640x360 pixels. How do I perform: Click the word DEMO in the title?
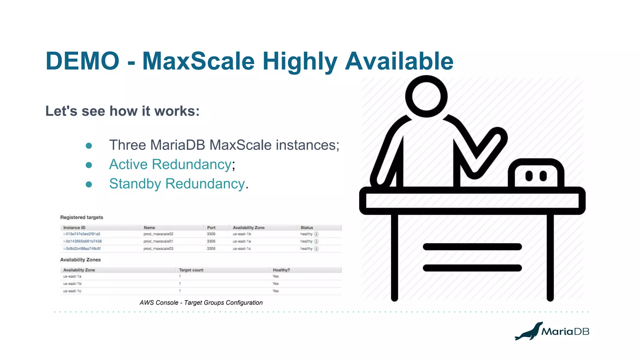click(x=82, y=61)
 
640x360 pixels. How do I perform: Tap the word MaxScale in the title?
click(x=198, y=61)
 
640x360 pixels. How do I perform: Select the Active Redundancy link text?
click(x=170, y=164)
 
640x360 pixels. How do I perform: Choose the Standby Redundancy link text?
click(x=177, y=184)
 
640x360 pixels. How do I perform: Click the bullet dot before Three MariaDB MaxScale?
click(x=89, y=146)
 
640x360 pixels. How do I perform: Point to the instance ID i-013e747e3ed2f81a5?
click(x=82, y=234)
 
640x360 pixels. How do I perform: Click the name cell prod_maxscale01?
click(x=158, y=241)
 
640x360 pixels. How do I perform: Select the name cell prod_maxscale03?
click(x=158, y=249)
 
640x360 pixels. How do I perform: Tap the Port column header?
click(x=211, y=227)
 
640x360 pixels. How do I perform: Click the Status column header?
click(x=307, y=227)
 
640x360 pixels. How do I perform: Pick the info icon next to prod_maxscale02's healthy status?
click(x=316, y=234)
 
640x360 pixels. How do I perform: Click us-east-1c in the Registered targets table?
click(x=242, y=249)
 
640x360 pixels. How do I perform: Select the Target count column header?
click(x=191, y=270)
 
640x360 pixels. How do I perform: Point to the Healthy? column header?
click(x=281, y=270)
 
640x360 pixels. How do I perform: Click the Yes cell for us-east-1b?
click(x=276, y=284)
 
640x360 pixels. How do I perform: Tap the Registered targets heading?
click(x=82, y=217)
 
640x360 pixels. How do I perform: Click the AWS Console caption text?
click(x=201, y=302)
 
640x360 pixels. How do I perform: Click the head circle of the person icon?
click(x=426, y=96)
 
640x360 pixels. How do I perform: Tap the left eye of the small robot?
click(x=529, y=176)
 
